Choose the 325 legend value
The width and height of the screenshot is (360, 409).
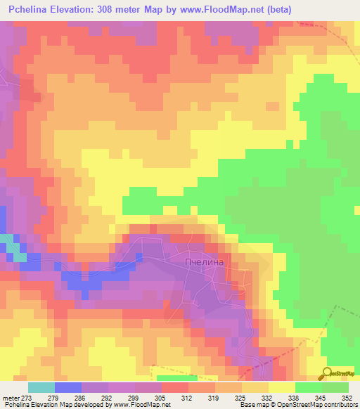pyautogui.click(x=240, y=397)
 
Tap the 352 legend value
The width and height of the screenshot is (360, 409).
pyautogui.click(x=347, y=397)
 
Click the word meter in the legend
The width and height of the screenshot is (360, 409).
pyautogui.click(x=11, y=397)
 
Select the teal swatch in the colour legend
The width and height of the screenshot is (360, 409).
pyautogui.click(x=41, y=387)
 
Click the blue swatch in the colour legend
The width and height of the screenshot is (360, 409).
pyautogui.click(x=68, y=387)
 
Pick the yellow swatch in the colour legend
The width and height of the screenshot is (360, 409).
pyautogui.click(x=281, y=387)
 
